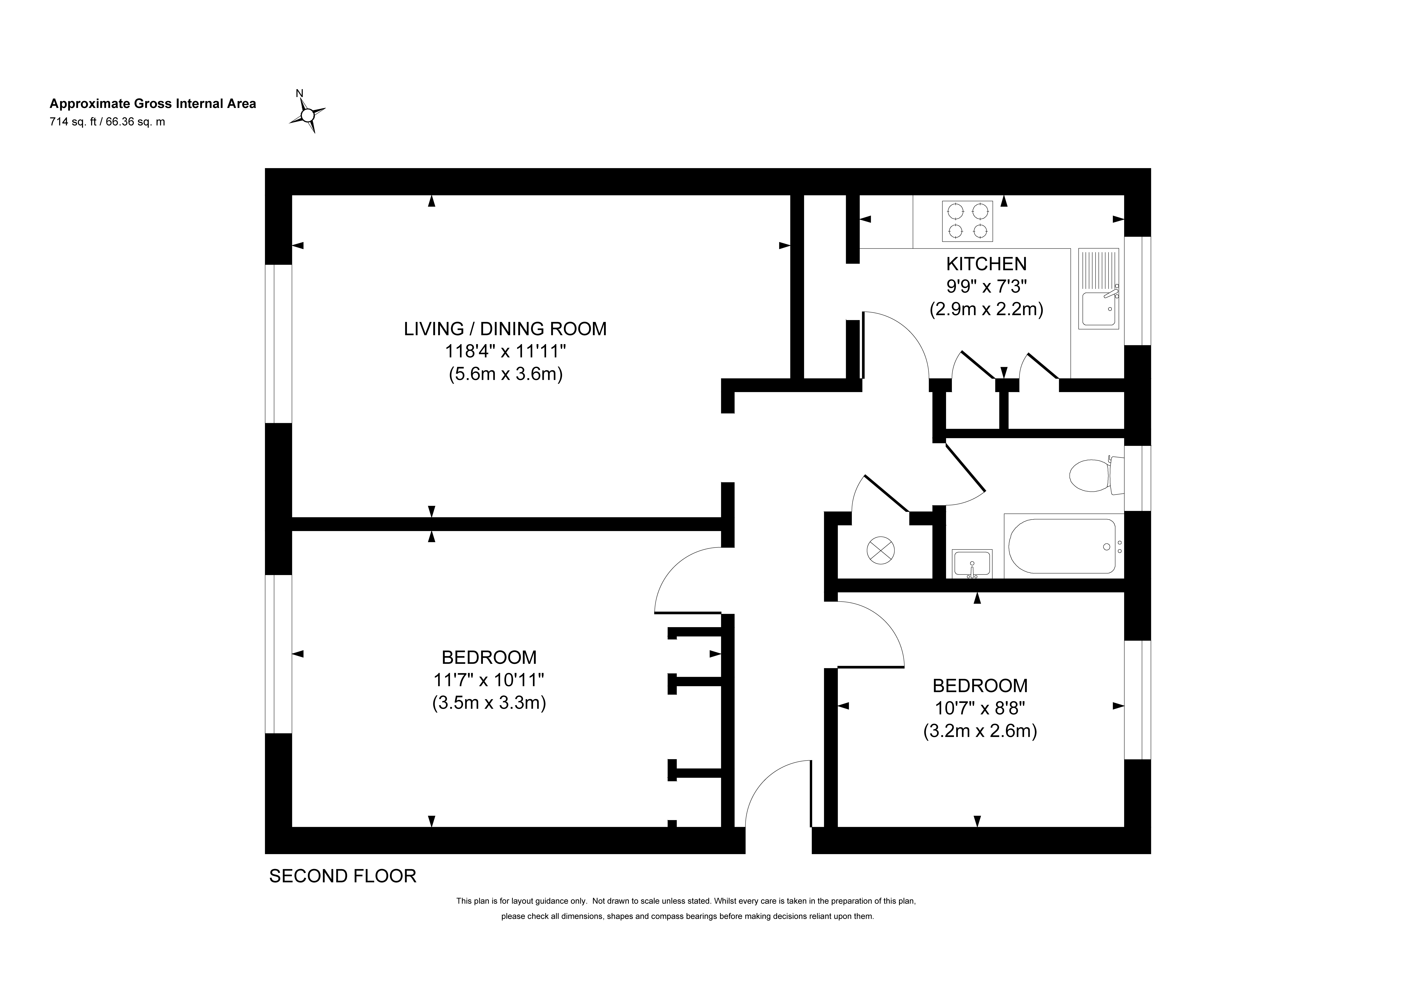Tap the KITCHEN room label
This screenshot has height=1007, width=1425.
(x=986, y=264)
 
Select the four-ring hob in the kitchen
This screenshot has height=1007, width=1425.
(x=967, y=221)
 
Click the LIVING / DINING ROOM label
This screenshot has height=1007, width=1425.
(x=505, y=329)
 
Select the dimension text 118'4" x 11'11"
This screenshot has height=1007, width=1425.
(x=505, y=352)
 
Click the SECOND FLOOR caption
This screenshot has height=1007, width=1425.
(x=343, y=876)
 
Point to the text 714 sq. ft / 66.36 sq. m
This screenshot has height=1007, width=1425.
(x=107, y=122)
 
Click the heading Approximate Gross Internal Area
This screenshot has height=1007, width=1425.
(x=153, y=104)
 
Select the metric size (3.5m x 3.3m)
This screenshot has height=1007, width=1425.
(x=489, y=703)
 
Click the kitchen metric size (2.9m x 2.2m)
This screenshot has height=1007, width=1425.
(x=986, y=309)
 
